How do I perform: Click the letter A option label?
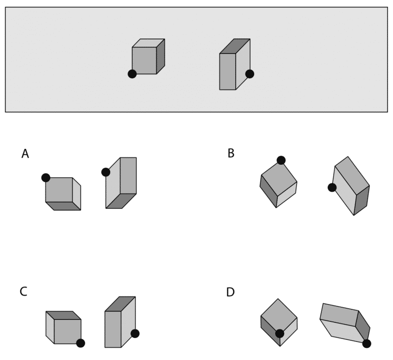(x=25, y=154)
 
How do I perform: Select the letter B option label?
(x=231, y=153)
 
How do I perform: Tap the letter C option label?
(x=23, y=292)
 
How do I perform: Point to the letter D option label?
(x=230, y=292)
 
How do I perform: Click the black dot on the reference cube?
(x=132, y=74)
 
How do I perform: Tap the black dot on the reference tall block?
(x=250, y=74)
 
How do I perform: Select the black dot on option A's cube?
(x=46, y=178)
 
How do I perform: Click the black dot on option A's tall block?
(x=106, y=172)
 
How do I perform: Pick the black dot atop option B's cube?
(x=281, y=160)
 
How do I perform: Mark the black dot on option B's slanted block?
(x=332, y=187)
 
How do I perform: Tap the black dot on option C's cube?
(x=80, y=343)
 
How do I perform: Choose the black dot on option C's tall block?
(x=135, y=333)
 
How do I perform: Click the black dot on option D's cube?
(x=280, y=333)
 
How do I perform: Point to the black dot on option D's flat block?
(x=366, y=343)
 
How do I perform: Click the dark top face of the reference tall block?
(x=235, y=46)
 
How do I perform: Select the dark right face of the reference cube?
(x=161, y=56)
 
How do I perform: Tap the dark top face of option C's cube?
(x=63, y=315)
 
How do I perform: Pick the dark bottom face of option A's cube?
(x=63, y=206)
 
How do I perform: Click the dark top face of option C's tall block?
(x=120, y=304)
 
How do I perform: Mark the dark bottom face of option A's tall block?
(x=121, y=201)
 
